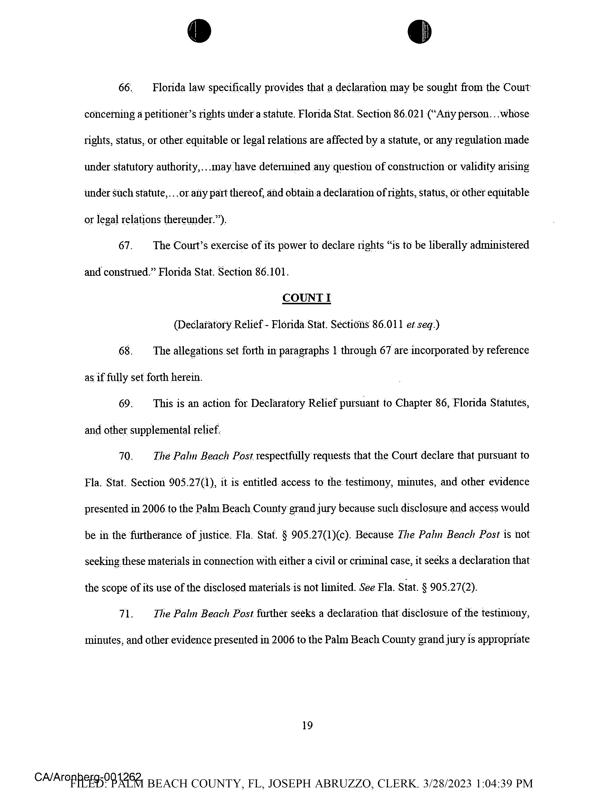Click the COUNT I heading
(306, 298)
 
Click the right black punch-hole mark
(419, 31)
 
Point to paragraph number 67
(125, 246)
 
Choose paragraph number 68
(125, 351)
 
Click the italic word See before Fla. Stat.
(367, 588)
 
